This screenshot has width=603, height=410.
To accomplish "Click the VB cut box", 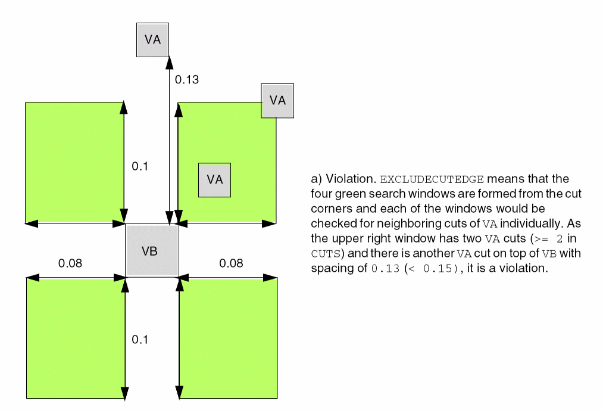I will pyautogui.click(x=152, y=251).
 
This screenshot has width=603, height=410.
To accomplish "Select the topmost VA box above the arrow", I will pyautogui.click(x=152, y=40).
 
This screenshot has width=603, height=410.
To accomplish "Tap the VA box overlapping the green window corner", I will pyautogui.click(x=277, y=100).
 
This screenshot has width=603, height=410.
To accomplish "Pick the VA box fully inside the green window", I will pyautogui.click(x=214, y=179).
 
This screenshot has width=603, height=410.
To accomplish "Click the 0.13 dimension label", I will pyautogui.click(x=186, y=79).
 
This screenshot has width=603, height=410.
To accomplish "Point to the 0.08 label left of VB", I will pyautogui.click(x=70, y=263).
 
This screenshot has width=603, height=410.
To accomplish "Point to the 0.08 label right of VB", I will pyautogui.click(x=231, y=263).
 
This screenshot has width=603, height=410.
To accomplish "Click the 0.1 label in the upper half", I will pyautogui.click(x=139, y=166).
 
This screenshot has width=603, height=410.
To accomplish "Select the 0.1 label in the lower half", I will pyautogui.click(x=139, y=340).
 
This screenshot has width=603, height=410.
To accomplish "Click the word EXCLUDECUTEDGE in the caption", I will pyautogui.click(x=432, y=179).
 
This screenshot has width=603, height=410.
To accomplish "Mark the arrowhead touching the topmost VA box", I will pyautogui.click(x=170, y=61).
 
